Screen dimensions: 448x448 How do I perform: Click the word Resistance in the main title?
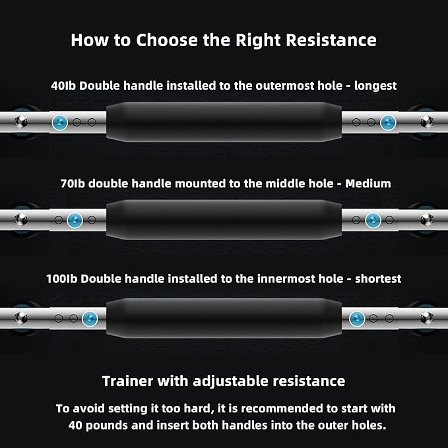[331, 40]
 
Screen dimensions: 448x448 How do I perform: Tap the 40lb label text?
[63, 86]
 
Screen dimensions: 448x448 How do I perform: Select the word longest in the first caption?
[375, 86]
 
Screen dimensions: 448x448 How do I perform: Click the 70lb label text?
[73, 183]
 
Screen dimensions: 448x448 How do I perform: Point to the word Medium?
[368, 183]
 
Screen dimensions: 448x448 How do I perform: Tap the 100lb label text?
[62, 279]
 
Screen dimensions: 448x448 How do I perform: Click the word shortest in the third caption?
[378, 279]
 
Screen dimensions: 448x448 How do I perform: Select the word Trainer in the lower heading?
[127, 381]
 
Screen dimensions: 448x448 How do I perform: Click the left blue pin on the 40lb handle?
[60, 123]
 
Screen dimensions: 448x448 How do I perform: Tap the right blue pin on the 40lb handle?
[388, 123]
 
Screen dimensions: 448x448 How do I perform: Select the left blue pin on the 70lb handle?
[75, 220]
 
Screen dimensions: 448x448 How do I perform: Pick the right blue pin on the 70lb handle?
[373, 220]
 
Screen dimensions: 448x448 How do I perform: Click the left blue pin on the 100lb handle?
[90, 319]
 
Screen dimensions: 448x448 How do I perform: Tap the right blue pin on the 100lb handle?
[357, 319]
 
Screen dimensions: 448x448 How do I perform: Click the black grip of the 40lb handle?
[224, 122]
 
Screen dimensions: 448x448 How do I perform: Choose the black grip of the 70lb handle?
[224, 220]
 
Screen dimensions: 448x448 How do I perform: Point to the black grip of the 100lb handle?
[224, 318]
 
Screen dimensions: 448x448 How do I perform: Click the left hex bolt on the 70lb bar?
[21, 220]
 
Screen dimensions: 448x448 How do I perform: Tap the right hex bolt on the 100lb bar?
[427, 318]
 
